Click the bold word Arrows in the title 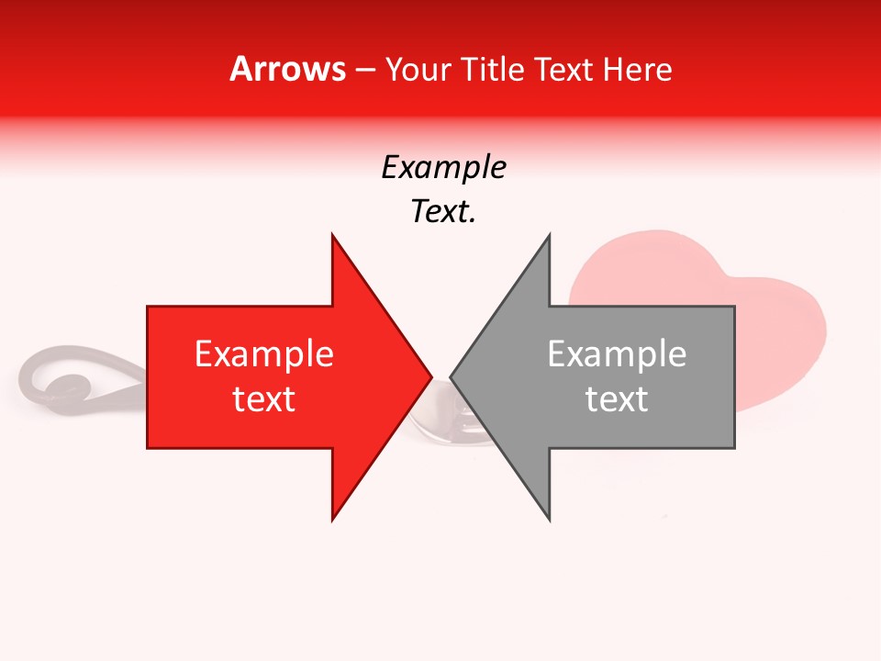288,70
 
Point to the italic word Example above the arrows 443,168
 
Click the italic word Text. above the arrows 443,212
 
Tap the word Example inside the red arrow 264,354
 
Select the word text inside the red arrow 264,399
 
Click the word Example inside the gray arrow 617,354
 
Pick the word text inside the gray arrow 617,399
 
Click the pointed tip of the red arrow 430,376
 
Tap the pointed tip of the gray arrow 452,376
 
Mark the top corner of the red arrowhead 332,236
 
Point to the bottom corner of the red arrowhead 332,519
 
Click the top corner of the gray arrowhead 549,236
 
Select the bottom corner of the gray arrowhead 549,519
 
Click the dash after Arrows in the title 364,71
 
